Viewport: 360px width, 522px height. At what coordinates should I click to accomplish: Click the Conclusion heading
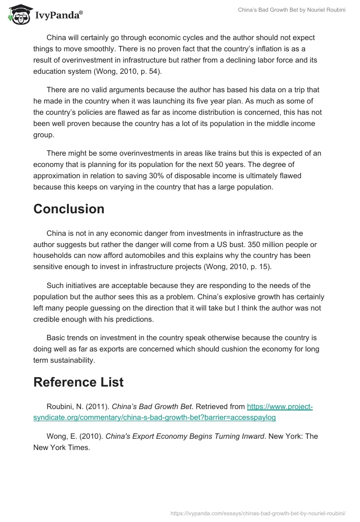click(x=69, y=209)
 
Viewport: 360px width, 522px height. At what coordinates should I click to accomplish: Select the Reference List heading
click(x=78, y=382)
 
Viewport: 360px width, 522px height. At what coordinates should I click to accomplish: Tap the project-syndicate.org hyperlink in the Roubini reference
click(x=173, y=412)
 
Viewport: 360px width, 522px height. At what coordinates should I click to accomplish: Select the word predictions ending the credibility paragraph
click(x=134, y=319)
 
